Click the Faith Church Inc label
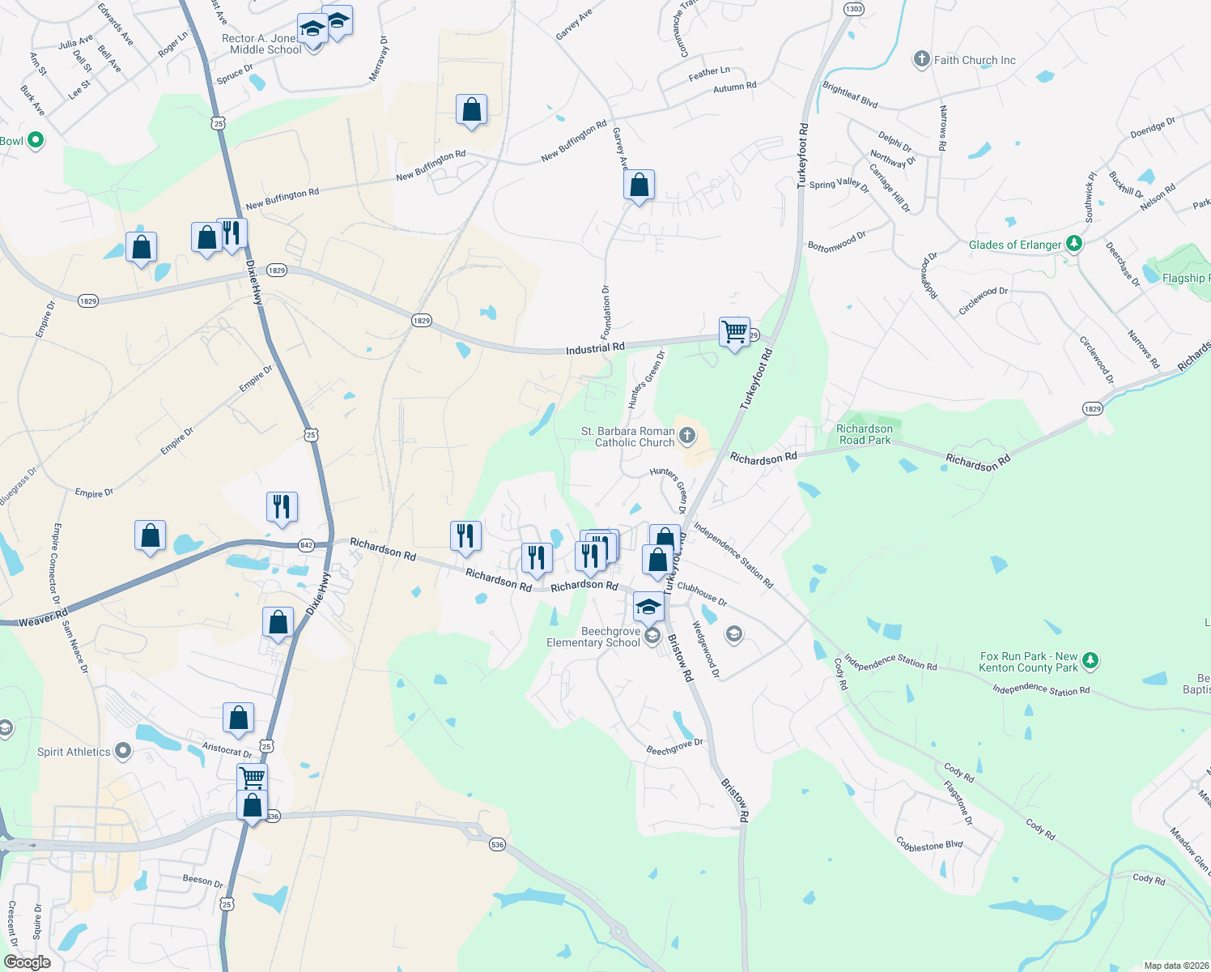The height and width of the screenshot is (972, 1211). point(975,60)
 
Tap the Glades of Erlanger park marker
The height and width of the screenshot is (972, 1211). point(1074,243)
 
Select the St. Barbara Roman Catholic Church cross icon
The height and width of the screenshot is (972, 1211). point(686,437)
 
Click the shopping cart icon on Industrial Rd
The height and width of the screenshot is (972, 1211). point(734,332)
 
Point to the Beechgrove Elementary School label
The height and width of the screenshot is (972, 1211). point(593,637)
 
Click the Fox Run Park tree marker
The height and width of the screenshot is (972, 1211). point(1090,660)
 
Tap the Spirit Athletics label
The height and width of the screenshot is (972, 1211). point(74,752)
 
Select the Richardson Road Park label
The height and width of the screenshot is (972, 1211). point(865,434)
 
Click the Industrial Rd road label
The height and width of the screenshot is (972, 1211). point(595,348)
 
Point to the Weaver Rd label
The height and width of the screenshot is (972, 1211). point(44,618)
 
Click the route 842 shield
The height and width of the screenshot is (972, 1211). point(306,545)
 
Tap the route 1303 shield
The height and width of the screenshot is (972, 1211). point(853,9)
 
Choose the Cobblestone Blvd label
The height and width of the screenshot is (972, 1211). point(929,845)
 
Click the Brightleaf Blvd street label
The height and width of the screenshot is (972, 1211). point(850,95)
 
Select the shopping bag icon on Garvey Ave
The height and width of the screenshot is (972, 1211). point(639,185)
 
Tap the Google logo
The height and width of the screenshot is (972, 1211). point(27,962)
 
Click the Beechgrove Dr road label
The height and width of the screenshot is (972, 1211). point(674,747)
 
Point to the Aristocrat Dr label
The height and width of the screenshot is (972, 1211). point(227,750)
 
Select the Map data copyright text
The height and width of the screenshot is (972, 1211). point(1174,966)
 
